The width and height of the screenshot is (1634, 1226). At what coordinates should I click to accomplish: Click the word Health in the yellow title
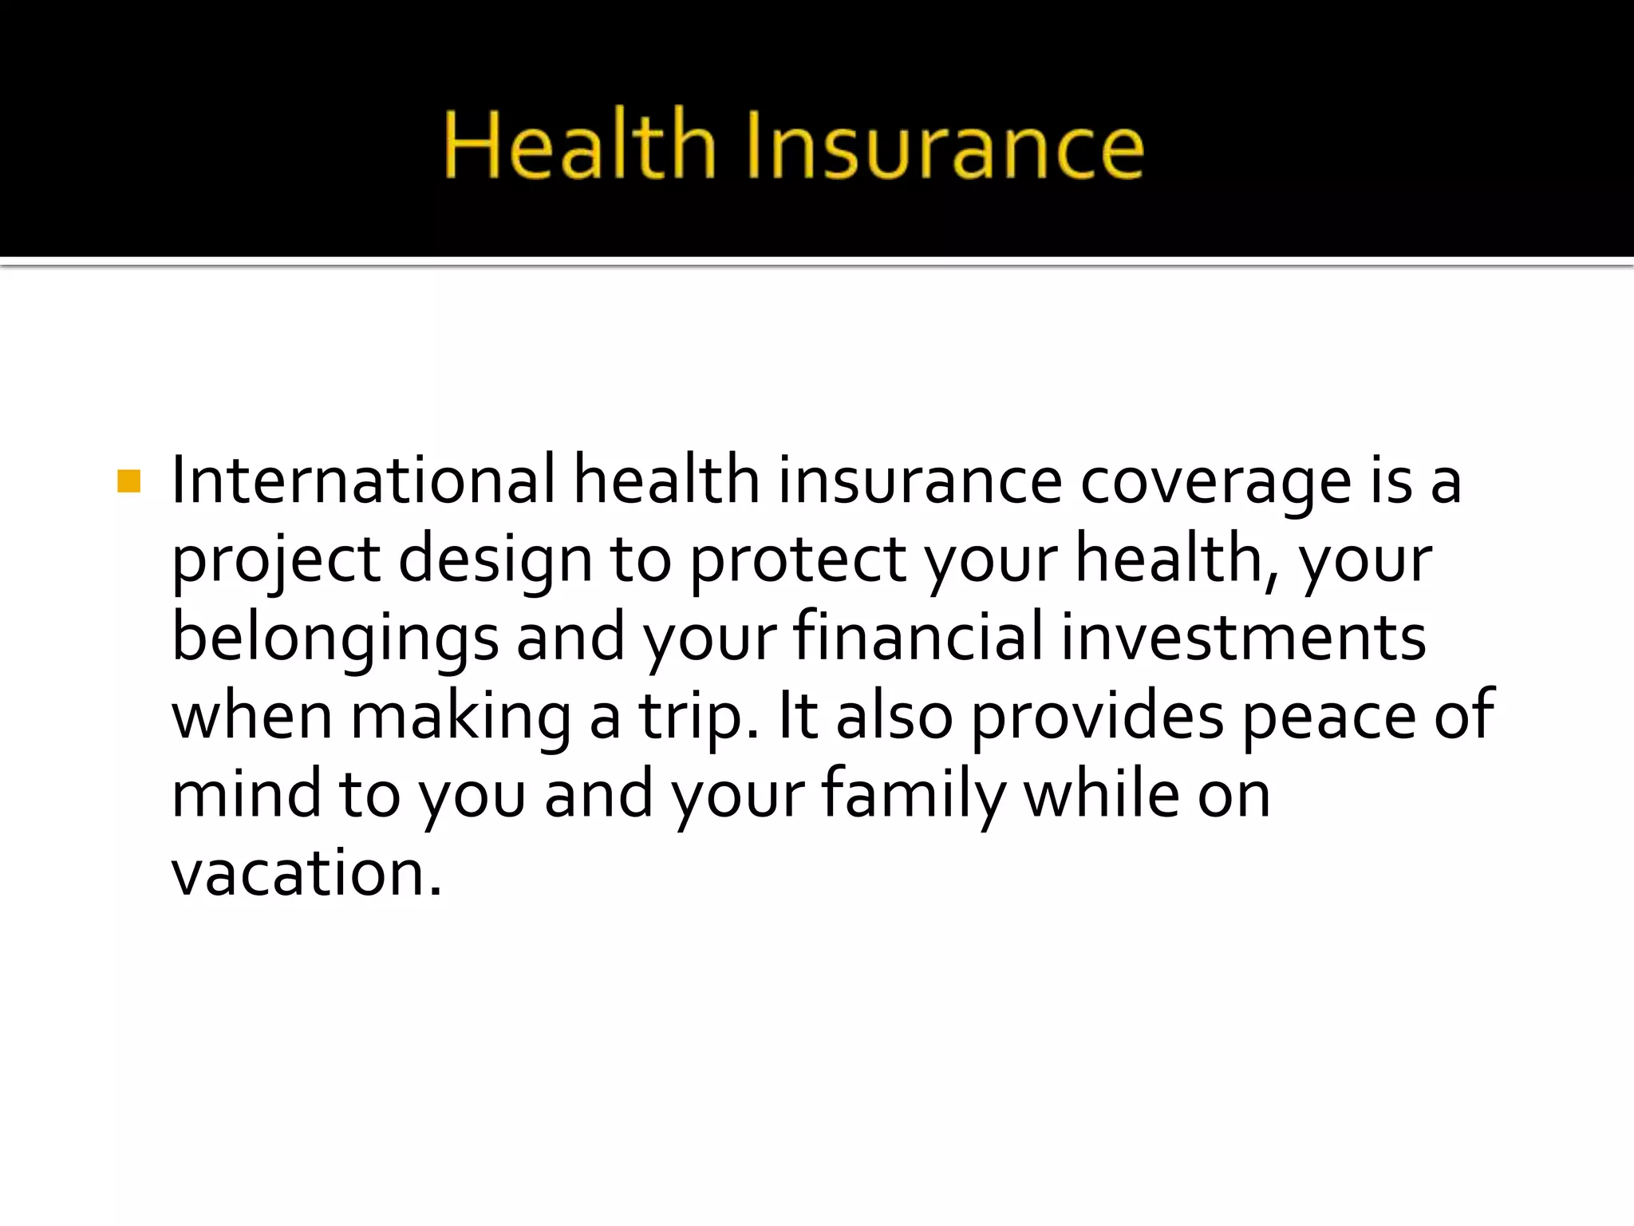[x=580, y=145]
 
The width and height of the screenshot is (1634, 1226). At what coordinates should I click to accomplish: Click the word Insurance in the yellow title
[x=945, y=147]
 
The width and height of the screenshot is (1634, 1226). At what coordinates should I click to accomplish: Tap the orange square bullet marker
[x=128, y=481]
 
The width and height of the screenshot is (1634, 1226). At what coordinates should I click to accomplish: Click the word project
[x=276, y=562]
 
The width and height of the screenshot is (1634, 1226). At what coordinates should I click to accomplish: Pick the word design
[x=495, y=562]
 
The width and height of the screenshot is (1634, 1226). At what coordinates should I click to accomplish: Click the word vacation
[x=306, y=872]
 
